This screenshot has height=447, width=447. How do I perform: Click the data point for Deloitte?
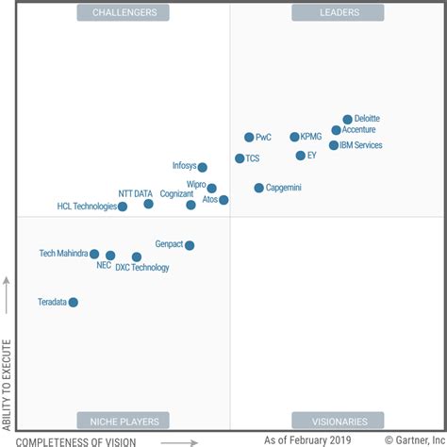pos(347,120)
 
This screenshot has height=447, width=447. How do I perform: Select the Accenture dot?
pos(336,130)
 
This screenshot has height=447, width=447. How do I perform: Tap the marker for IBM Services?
pos(333,145)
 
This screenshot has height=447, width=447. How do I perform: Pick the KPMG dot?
pos(294,137)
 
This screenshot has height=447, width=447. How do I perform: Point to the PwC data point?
pos(249,137)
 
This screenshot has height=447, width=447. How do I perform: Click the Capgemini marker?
pos(258,188)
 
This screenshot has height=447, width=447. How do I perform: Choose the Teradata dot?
pos(73,302)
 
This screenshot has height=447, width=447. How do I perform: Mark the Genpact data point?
pos(190,245)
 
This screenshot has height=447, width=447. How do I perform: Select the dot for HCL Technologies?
pos(123,207)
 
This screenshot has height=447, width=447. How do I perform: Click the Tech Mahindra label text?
pos(63,254)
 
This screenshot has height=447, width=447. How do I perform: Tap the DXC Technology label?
pos(142,268)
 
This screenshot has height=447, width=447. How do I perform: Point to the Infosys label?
pos(184,166)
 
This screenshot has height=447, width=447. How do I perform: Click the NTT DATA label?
pos(135,193)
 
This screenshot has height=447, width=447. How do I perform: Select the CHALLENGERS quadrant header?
pos(124,12)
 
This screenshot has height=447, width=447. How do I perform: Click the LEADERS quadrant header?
pos(325,12)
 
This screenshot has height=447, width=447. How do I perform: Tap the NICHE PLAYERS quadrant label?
pos(124,421)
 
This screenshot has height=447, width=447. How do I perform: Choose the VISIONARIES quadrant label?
pos(325,421)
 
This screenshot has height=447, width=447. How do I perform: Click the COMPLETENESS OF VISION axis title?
pos(76,440)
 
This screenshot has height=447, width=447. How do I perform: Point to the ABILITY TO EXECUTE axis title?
pos(8,366)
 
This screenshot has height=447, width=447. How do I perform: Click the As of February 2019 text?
pos(307,440)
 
